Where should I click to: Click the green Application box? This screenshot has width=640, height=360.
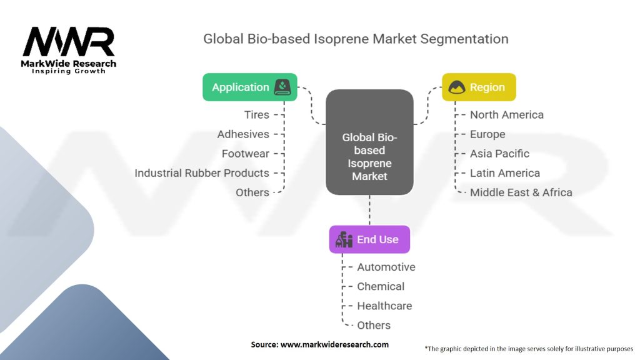pyautogui.click(x=249, y=87)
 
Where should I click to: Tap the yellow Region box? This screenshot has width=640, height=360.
pyautogui.click(x=479, y=87)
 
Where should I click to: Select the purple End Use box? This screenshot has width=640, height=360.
pyautogui.click(x=369, y=239)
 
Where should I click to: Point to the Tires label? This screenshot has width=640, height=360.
pyautogui.click(x=257, y=115)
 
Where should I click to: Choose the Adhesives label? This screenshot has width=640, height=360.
pyautogui.click(x=243, y=134)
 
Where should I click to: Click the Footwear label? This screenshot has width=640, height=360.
pyautogui.click(x=245, y=154)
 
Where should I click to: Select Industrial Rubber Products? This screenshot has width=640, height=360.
pyautogui.click(x=202, y=173)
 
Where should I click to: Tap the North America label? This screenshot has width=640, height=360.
pyautogui.click(x=506, y=115)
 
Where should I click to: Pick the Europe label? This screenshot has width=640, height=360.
pyautogui.click(x=487, y=134)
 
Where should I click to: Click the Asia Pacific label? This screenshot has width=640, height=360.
pyautogui.click(x=499, y=154)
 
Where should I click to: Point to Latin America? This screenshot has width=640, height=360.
pyautogui.click(x=505, y=173)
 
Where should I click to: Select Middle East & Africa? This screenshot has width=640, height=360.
pyautogui.click(x=521, y=192)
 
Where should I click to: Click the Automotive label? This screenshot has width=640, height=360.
pyautogui.click(x=386, y=267)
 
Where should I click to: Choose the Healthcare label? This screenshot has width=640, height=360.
pyautogui.click(x=384, y=306)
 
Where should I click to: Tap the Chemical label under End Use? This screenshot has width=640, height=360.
pyautogui.click(x=381, y=287)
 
